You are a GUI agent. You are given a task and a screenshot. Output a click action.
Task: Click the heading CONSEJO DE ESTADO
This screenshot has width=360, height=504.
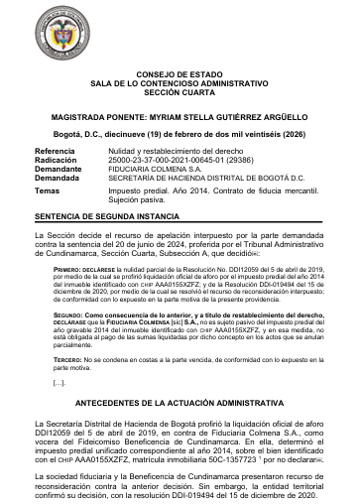point(180,74)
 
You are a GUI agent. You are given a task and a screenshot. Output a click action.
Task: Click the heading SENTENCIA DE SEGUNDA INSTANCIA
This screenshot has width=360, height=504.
point(105,215)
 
